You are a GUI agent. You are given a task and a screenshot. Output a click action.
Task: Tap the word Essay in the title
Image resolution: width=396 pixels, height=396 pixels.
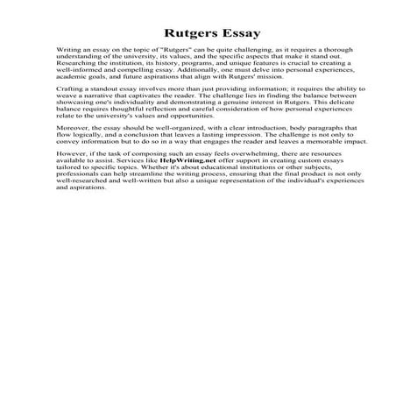(234, 35)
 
